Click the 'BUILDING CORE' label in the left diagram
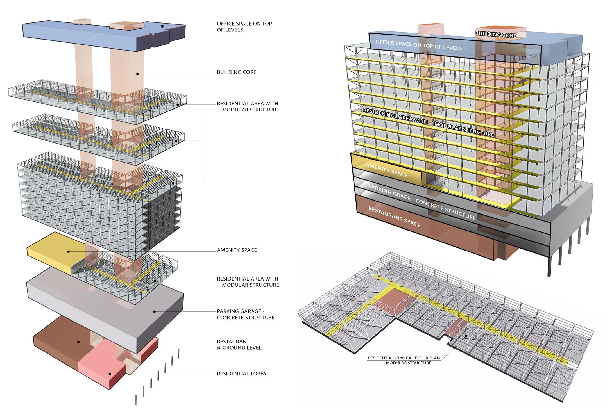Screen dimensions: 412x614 tap(236, 72)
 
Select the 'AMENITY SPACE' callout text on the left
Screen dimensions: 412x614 tap(237, 250)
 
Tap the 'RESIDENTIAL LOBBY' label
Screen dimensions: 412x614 tap(242, 374)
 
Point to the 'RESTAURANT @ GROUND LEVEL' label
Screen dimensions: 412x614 tap(239, 345)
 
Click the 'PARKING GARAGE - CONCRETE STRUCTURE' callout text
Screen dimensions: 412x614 tap(245, 314)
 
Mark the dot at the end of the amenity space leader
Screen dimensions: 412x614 tap(69, 252)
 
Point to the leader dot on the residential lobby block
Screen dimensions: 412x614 tap(110, 374)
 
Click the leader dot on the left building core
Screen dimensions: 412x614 tap(137, 74)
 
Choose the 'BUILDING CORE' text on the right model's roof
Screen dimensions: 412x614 tap(495, 35)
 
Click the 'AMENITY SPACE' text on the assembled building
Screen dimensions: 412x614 tap(386, 170)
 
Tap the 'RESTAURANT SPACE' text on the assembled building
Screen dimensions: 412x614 tap(394, 217)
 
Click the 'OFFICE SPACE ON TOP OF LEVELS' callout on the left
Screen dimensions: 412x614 tap(244, 27)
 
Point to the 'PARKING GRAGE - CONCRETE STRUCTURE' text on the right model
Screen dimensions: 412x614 tap(422, 202)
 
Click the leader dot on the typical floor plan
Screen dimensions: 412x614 tap(466, 335)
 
